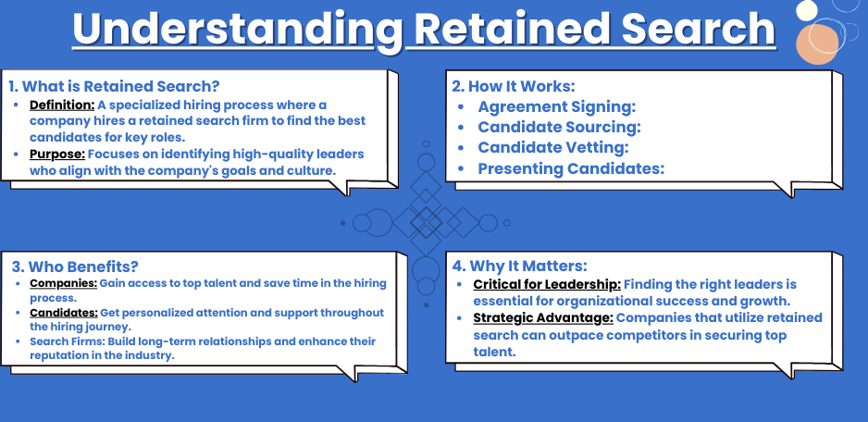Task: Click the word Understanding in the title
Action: [238, 29]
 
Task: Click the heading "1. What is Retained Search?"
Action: [114, 86]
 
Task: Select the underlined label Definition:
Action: [62, 105]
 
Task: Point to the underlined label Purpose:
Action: [57, 154]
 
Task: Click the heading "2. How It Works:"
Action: [514, 86]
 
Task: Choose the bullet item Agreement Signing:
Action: [557, 106]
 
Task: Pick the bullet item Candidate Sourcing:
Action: [559, 128]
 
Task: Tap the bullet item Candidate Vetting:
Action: [553, 148]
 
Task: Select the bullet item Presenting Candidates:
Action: [571, 168]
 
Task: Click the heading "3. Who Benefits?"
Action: [75, 267]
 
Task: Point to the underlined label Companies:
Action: [63, 283]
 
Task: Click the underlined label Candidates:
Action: [64, 313]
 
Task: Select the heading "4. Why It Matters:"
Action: [519, 266]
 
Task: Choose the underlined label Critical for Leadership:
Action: [547, 285]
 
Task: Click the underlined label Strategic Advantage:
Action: [543, 317]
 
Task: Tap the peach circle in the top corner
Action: [817, 44]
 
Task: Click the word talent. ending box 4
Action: [494, 352]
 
